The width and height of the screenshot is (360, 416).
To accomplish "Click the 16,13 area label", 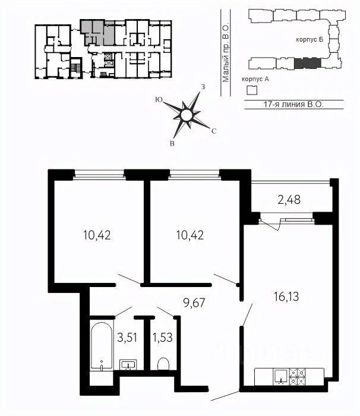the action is click(x=286, y=297).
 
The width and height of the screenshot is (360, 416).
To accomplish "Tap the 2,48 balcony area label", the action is click(x=289, y=200).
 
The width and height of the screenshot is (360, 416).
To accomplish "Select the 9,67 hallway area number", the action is click(x=194, y=302).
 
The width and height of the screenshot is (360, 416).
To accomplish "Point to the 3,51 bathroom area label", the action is click(x=127, y=338).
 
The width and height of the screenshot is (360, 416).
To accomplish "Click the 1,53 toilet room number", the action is click(x=162, y=338).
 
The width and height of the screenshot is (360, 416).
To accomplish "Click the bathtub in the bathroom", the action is click(x=102, y=345).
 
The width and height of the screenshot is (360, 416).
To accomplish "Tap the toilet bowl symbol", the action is click(x=163, y=364).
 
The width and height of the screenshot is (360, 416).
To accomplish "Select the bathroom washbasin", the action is click(x=128, y=365).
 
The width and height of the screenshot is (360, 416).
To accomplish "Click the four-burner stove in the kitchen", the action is click(x=297, y=377).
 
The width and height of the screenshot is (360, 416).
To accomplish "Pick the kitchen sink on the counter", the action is click(x=280, y=377).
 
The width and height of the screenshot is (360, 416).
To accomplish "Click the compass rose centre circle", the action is click(x=186, y=115).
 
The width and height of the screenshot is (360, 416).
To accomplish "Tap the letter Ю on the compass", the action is click(x=159, y=100).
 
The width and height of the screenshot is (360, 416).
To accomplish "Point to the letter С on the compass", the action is click(x=214, y=131).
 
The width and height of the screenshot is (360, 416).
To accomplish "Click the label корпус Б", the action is click(x=310, y=40).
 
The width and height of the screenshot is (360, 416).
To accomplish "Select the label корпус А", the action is click(x=255, y=79).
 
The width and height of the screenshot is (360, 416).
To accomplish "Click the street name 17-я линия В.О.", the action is click(x=293, y=104).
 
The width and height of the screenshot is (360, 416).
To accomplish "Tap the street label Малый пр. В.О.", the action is click(x=226, y=53).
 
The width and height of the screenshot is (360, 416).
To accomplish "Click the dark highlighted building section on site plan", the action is click(x=308, y=63).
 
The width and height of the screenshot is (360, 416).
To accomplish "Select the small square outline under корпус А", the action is click(x=252, y=90).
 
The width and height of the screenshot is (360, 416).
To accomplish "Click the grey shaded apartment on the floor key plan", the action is click(x=97, y=32).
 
